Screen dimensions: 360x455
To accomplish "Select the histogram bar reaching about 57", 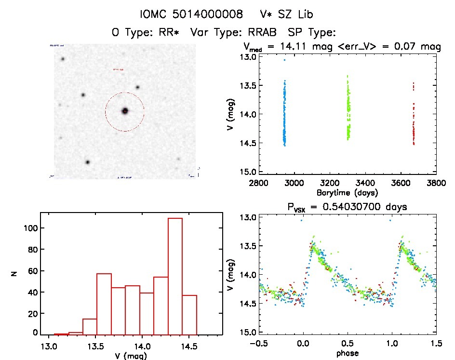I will (104, 304).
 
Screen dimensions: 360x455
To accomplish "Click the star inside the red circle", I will (125, 111).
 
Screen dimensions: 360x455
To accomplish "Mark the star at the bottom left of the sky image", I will (88, 162).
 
